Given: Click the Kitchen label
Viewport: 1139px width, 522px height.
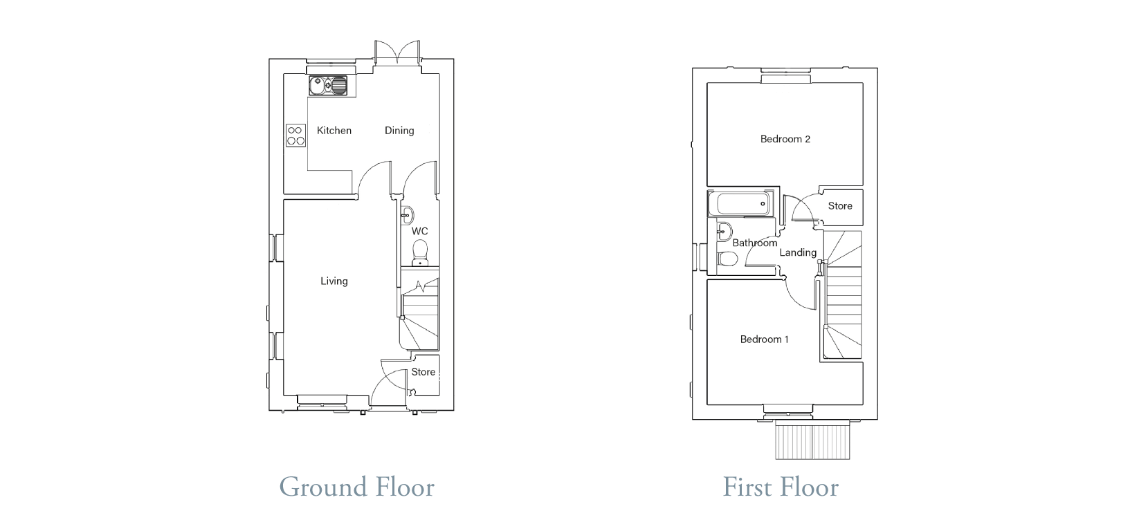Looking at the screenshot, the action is [334, 131].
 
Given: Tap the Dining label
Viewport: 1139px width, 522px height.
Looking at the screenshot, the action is [399, 131].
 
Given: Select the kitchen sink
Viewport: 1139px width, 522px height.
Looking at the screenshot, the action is [328, 86].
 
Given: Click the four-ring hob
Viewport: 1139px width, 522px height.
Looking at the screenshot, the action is [296, 136].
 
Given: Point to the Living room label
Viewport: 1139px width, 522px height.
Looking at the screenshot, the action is [334, 281].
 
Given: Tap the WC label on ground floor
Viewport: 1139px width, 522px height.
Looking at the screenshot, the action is [420, 231].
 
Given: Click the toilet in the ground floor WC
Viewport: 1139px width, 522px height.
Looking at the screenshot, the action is [420, 252].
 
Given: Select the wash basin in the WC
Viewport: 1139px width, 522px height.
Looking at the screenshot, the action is [407, 216].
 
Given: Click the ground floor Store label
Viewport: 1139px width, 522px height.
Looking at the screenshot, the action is [423, 372].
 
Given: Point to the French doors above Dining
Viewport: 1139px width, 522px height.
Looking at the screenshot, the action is [398, 53].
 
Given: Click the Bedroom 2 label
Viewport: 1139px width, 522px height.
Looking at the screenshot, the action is [785, 139].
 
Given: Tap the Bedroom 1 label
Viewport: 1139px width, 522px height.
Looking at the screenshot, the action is [764, 339].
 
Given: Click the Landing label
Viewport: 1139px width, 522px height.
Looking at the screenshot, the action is [798, 252].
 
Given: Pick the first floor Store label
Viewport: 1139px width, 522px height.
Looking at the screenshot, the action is [840, 206].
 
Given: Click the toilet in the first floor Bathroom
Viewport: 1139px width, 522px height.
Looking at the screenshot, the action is [728, 259].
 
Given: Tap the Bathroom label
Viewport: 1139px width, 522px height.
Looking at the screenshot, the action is [754, 243].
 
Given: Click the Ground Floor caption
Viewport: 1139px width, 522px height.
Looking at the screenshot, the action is [357, 487].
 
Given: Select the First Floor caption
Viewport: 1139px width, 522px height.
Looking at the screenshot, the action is [781, 487].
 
